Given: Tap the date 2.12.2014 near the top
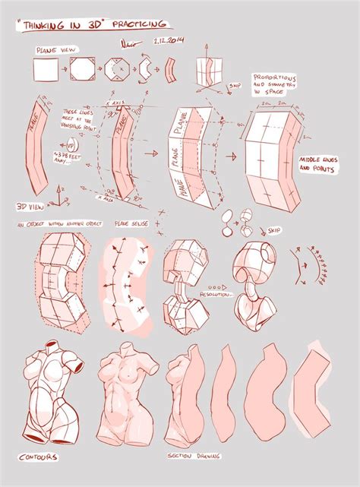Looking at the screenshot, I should click(169, 40).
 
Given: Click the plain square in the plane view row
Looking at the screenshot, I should click(43, 70).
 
